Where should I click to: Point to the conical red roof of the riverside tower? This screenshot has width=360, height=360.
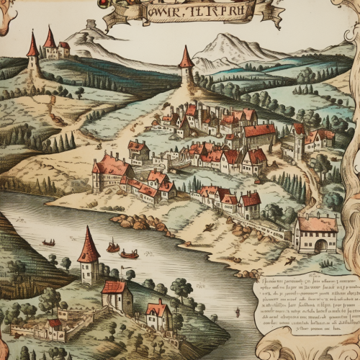click(89, 245)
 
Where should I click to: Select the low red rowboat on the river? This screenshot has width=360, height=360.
click(129, 253)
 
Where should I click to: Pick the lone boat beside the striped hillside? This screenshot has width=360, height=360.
click(49, 243)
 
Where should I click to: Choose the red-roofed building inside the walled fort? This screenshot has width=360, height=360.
click(55, 324)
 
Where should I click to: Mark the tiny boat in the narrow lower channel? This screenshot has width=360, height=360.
click(237, 312)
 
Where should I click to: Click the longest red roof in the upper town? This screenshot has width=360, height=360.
click(259, 132)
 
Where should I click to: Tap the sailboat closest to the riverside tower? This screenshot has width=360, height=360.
click(112, 247)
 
